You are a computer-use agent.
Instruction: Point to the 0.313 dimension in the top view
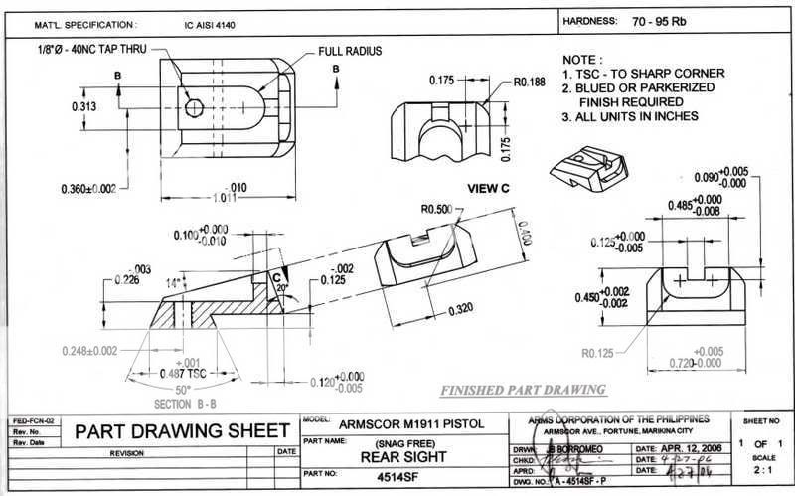pyautogui.click(x=84, y=104)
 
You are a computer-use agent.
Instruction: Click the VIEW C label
pyautogui.click(x=488, y=187)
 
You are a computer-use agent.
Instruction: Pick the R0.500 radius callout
pyautogui.click(x=438, y=210)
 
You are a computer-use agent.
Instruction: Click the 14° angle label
pyautogui.click(x=171, y=283)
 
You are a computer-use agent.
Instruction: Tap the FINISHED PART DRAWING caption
pyautogui.click(x=538, y=389)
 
